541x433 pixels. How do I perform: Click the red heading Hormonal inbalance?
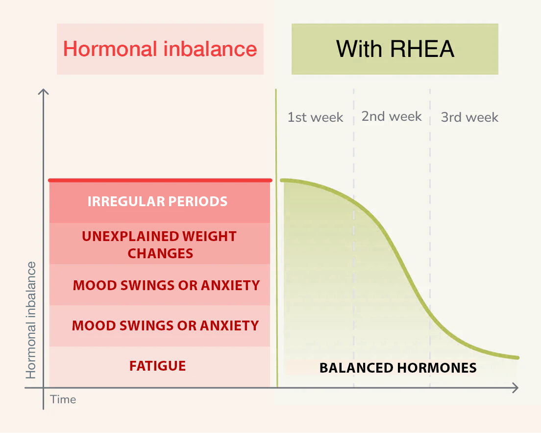160,49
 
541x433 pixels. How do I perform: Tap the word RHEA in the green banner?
422,49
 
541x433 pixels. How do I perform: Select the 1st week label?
316,117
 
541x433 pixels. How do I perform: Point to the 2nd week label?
392,116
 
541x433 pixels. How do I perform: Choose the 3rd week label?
469,117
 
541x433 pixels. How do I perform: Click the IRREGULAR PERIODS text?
157,201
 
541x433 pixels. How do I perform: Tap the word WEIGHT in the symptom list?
209,236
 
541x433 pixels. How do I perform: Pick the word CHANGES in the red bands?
160,254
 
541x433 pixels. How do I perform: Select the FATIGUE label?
158,366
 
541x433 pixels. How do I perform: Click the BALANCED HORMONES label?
398,368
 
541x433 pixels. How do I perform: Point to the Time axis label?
63,400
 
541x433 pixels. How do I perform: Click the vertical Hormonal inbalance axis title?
31,320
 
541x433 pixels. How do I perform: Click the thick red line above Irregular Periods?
160,180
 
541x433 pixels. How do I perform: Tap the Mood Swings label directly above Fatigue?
165,325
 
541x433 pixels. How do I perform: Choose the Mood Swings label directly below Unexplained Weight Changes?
166,285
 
